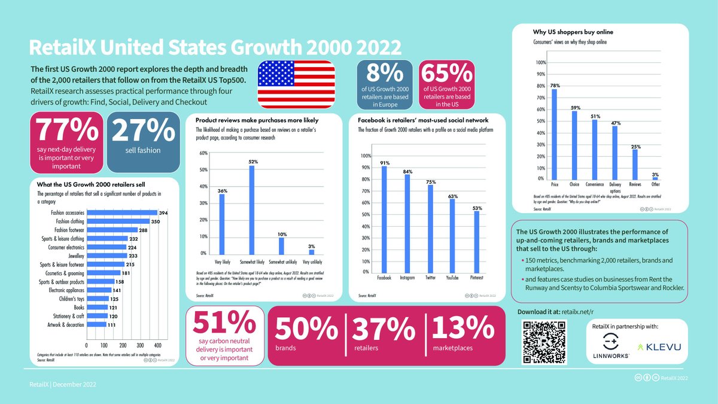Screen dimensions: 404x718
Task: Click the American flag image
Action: [296, 84]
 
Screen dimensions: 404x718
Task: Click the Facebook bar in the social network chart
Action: [384, 218]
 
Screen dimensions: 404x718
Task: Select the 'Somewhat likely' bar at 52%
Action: [251, 209]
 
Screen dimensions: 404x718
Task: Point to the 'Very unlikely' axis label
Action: [311, 262]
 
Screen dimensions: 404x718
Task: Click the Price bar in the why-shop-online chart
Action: [554, 134]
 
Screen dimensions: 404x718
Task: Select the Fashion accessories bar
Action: [122, 212]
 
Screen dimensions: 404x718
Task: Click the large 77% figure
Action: [66, 130]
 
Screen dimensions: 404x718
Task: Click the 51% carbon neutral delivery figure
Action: [224, 326]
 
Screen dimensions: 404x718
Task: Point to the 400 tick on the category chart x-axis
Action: [158, 345]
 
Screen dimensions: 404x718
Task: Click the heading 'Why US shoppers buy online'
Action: [573, 31]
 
